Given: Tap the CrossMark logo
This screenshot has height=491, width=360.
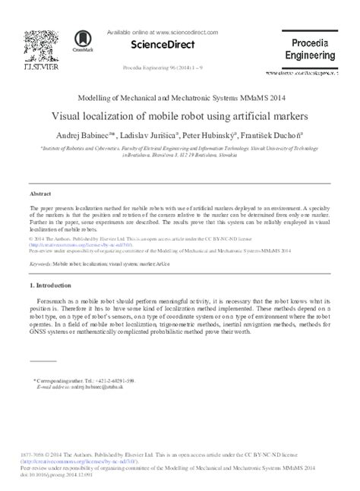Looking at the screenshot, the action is click(81, 41).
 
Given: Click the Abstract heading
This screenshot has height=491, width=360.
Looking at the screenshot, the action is click(41, 194).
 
